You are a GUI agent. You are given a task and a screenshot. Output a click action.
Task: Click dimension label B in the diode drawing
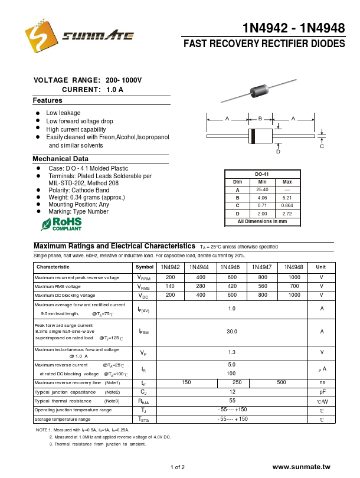[260, 119]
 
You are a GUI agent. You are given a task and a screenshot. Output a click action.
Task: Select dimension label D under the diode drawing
[278, 152]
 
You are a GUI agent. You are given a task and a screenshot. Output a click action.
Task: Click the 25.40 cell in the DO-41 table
[262, 189]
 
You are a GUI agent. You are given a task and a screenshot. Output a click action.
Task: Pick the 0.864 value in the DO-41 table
[287, 205]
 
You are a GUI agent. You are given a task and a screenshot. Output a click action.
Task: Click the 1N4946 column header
[230, 267]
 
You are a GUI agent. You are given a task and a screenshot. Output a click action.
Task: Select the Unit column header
[322, 267]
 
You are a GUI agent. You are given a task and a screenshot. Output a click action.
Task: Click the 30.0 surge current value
[231, 332]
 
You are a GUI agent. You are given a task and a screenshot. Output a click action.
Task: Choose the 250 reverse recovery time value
[237, 382]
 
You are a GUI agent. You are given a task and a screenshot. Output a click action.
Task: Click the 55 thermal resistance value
[231, 401]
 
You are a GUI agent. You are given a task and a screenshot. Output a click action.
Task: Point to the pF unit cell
[322, 392]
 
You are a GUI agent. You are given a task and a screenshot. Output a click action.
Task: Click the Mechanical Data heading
[60, 159]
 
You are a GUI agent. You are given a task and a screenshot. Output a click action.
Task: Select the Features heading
[47, 100]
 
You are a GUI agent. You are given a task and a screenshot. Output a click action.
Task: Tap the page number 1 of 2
[177, 468]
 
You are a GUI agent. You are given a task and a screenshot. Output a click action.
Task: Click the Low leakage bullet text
[63, 113]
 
